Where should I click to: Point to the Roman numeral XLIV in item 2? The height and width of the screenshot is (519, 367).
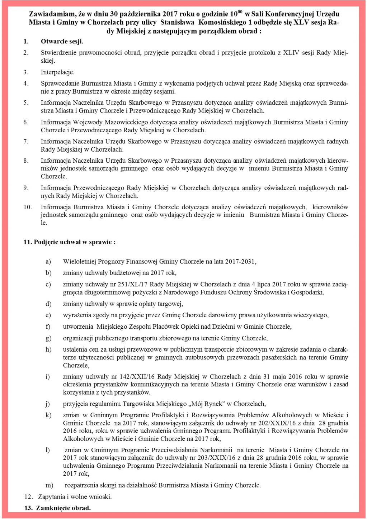[291, 53]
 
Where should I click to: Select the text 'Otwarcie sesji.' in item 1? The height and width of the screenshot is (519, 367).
[62, 42]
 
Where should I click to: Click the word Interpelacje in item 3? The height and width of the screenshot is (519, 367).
[57, 72]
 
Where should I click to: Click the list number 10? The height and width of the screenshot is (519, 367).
[28, 207]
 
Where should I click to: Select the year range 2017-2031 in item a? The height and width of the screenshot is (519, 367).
[240, 262]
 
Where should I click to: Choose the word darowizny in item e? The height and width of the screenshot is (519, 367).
[222, 315]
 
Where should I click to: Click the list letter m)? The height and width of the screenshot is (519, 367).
[49, 485]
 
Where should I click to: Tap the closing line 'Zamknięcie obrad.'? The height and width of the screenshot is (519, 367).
[63, 508]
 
